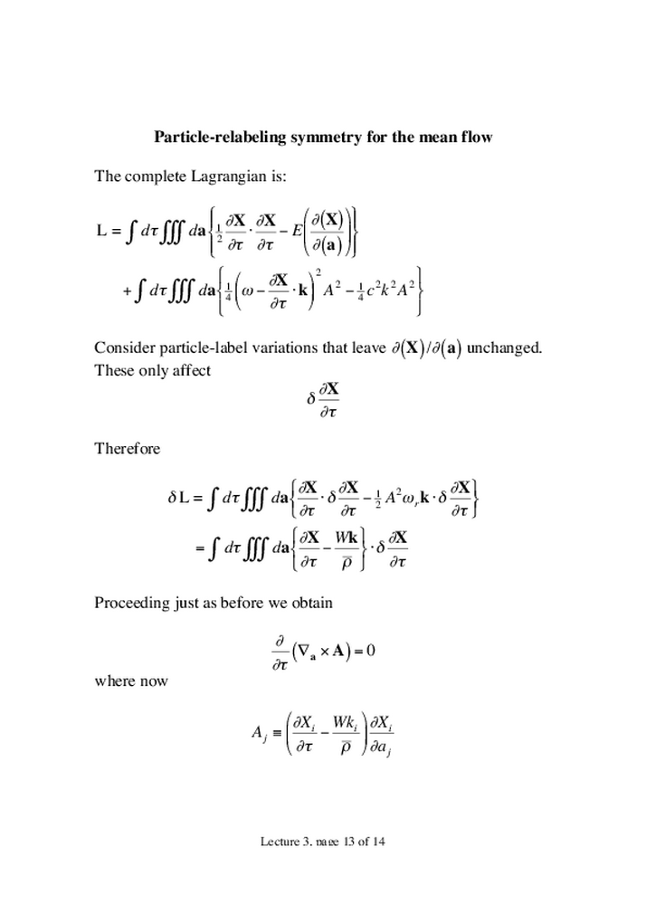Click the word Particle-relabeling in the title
coord(215,138)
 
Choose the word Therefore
coord(128,449)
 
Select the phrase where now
coord(131,681)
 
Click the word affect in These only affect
coord(190,371)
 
